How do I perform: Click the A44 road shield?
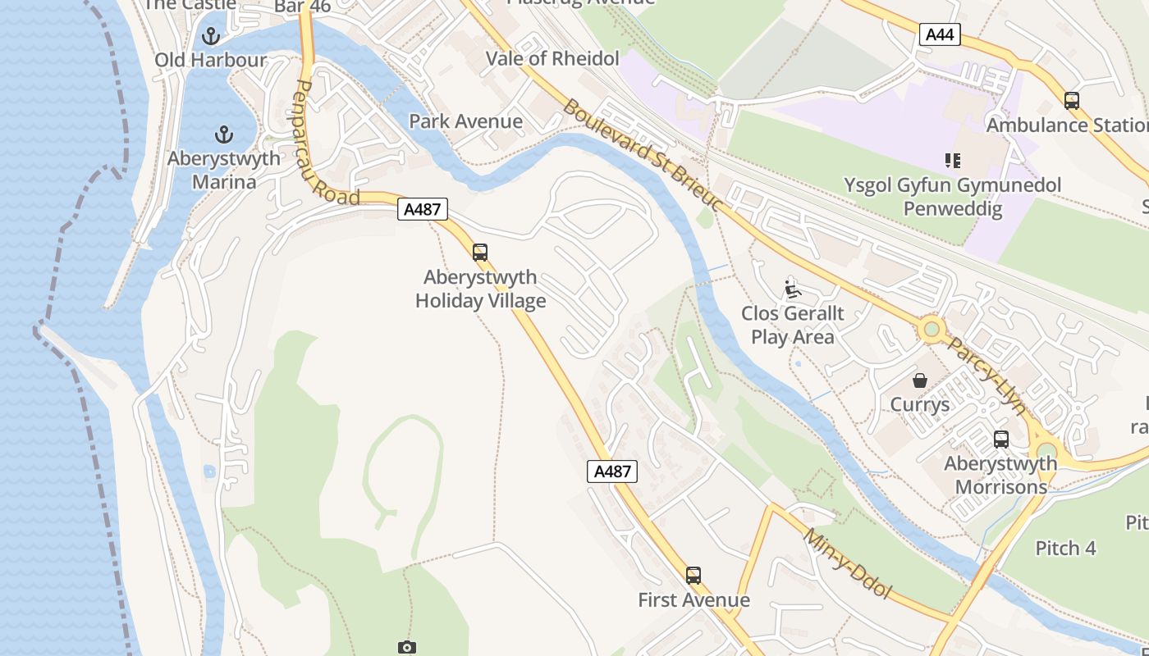click(x=940, y=34)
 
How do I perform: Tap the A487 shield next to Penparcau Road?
click(x=423, y=209)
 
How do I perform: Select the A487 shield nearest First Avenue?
click(x=612, y=471)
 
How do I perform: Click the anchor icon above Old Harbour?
click(x=212, y=36)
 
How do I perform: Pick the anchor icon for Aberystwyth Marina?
click(x=223, y=134)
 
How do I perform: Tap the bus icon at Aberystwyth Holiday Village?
click(x=480, y=253)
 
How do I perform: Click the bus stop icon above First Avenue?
click(x=694, y=576)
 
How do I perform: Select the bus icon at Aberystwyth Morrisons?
click(x=1000, y=440)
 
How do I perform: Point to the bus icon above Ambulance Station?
click(x=1071, y=101)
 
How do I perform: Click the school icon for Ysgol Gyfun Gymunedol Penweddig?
click(x=952, y=161)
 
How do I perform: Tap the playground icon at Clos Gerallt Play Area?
click(x=792, y=289)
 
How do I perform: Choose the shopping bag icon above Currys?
click(x=920, y=380)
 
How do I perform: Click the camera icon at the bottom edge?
click(x=406, y=648)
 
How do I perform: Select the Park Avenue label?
click(x=465, y=121)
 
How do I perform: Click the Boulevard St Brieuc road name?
click(x=642, y=155)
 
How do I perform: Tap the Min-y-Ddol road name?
click(x=847, y=563)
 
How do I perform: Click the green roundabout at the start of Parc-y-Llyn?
click(x=931, y=330)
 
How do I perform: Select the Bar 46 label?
click(x=302, y=7)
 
